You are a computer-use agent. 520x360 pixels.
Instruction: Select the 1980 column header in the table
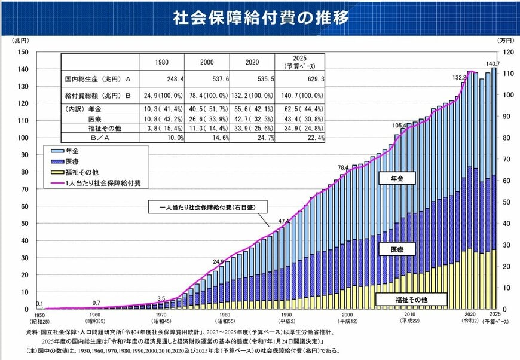[x=161, y=62]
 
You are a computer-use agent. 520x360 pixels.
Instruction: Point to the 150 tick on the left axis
[x=23, y=51]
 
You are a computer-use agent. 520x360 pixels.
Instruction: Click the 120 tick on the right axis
[x=506, y=51]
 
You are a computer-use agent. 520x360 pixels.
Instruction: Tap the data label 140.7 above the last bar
[x=493, y=63]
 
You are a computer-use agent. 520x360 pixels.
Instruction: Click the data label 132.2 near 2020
[x=459, y=77]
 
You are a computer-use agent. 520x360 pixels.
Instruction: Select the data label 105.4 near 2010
[x=399, y=126]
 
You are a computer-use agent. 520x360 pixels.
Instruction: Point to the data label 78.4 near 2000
[x=343, y=167]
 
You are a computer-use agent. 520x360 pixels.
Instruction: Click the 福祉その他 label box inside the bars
[x=411, y=300]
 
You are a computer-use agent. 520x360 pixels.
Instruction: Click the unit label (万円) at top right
[x=505, y=40]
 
